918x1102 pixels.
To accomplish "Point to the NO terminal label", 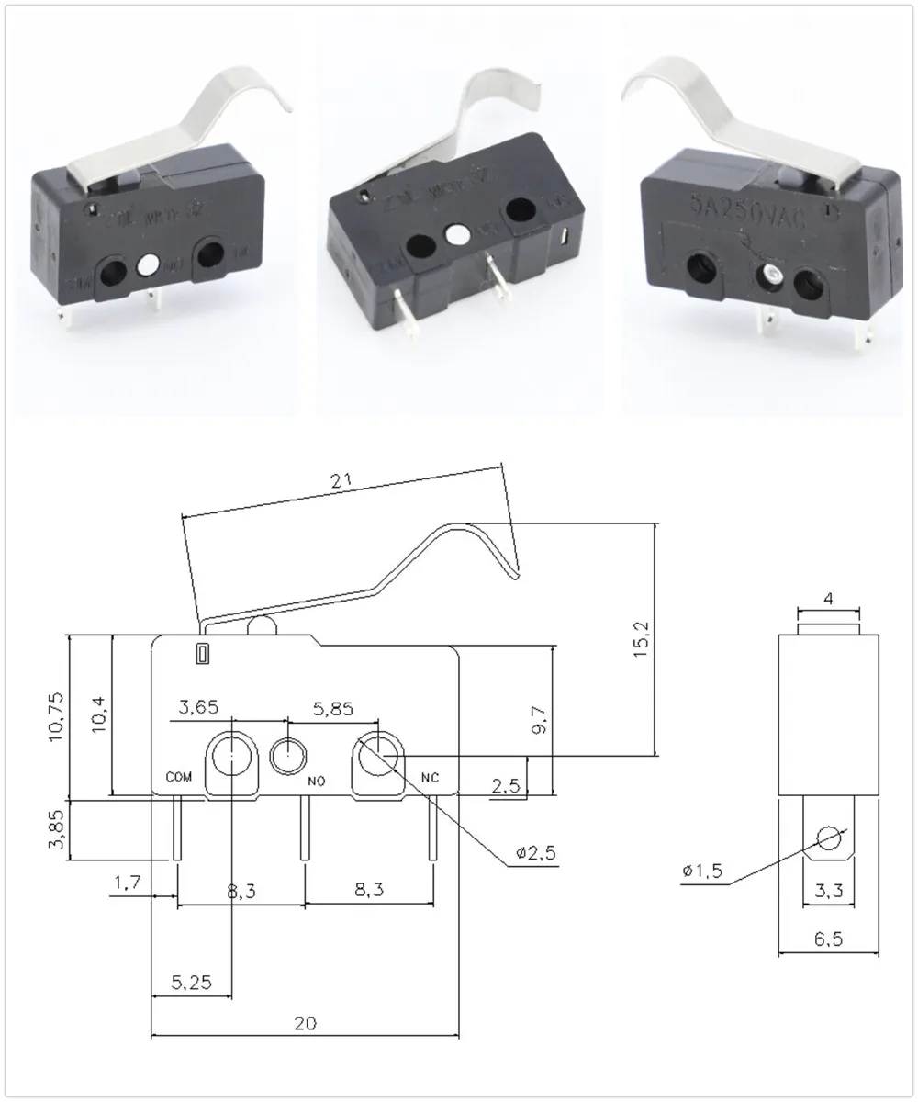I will pos(317,782).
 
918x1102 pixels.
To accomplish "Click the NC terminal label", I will pos(430,777).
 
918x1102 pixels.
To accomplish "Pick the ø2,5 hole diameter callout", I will pos(536,854).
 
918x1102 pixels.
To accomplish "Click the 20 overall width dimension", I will pos(306,1024).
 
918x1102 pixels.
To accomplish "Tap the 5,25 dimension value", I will pos(192,982).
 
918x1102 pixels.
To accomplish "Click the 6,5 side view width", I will pos(828,939).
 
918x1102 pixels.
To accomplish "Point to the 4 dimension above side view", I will pos(828,599).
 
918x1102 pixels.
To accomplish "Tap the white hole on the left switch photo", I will pos(145,267).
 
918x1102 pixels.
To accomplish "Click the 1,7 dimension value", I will pos(128,883).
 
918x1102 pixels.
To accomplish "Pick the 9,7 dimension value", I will pos(542,723).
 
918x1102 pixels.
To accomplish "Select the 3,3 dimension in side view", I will pos(828,890).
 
